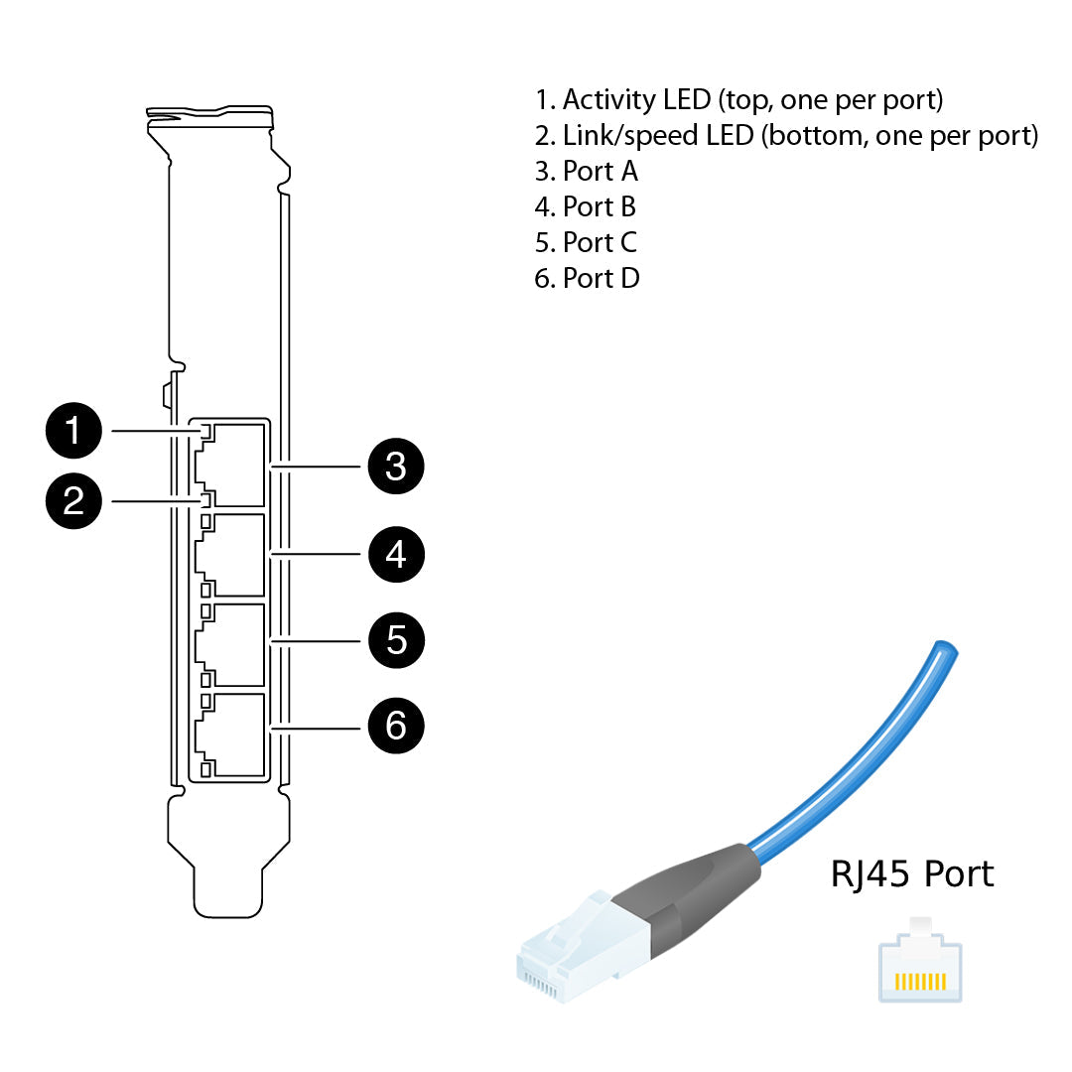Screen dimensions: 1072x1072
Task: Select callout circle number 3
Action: pos(396,465)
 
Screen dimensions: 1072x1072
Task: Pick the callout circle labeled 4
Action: pos(396,553)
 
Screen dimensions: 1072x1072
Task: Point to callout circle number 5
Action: pos(396,640)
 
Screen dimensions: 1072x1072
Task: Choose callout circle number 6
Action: pos(396,726)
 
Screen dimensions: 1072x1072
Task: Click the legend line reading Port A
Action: pos(587,172)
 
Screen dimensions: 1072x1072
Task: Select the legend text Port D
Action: pos(588,279)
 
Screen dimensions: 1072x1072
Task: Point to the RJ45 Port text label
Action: pos(911,874)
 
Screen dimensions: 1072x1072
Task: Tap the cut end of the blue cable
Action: pos(944,649)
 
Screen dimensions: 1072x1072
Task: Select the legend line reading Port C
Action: pos(587,243)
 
